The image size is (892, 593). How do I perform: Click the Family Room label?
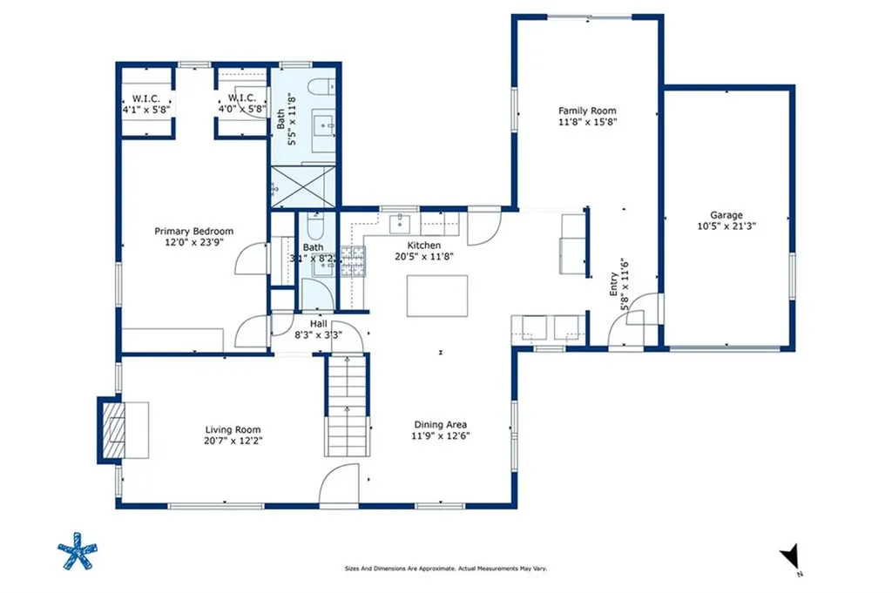[x=587, y=111]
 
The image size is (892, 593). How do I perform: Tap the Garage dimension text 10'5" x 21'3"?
[x=726, y=226]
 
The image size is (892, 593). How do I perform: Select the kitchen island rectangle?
[x=437, y=296]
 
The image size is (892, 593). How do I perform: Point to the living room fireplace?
[x=113, y=430]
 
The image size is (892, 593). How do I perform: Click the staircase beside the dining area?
[x=347, y=405]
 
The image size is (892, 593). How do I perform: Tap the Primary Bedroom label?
[x=194, y=232]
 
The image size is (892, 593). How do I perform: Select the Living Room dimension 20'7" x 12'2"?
[x=233, y=441]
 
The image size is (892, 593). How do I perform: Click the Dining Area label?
[x=440, y=425]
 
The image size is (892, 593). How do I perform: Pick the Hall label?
[x=318, y=324]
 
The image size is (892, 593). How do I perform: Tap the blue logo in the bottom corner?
[x=77, y=550]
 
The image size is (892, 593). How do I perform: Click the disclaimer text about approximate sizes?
[x=446, y=568]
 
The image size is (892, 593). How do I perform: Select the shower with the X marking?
[x=302, y=186]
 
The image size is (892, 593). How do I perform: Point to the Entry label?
[x=614, y=284]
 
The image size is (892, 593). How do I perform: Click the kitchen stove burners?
[x=354, y=261]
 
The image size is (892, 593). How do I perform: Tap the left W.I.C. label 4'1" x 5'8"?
[x=146, y=104]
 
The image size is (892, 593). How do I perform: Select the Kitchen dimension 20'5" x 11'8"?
[x=424, y=256]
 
